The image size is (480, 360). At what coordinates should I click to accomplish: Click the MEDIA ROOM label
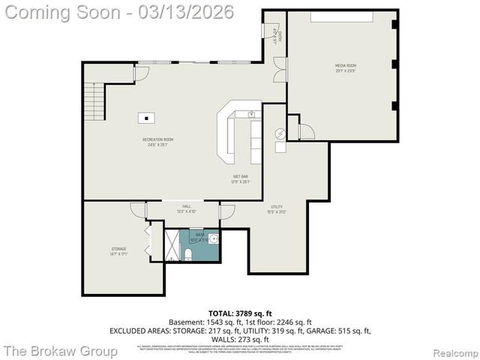pos(345,66)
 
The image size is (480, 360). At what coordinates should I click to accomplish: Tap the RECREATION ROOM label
pos(158,139)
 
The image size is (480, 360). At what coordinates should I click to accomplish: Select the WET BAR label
pos(240,176)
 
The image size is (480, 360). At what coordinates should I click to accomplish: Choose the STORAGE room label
pos(118,248)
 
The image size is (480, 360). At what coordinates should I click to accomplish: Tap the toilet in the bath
pos(188,255)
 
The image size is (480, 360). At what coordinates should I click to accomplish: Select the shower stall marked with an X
pos(172,246)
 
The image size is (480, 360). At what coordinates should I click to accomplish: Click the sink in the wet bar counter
pos(251,115)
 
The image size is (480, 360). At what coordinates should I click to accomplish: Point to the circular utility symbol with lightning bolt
pos(280,133)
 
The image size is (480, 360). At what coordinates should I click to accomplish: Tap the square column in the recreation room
pos(145,117)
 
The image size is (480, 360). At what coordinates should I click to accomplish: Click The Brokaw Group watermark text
pos(60,350)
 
